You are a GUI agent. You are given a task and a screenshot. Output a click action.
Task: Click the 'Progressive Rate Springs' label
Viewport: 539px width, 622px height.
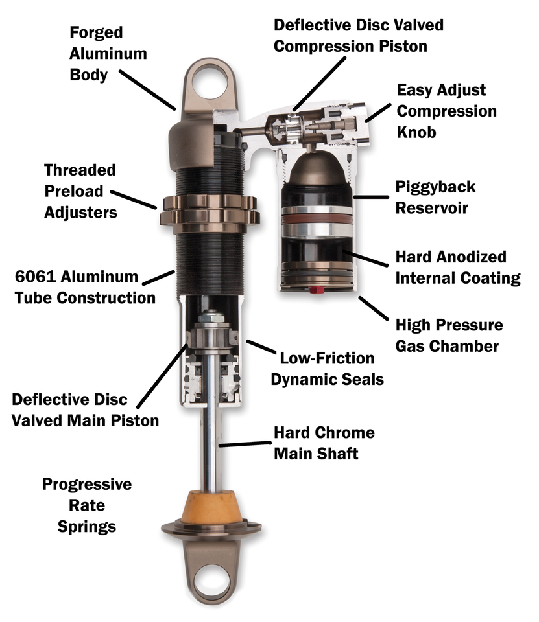point(87,505)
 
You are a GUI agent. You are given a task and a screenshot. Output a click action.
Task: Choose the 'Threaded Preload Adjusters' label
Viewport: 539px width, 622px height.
point(80,191)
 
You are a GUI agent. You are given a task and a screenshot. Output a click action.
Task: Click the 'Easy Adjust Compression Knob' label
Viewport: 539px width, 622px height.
point(446,110)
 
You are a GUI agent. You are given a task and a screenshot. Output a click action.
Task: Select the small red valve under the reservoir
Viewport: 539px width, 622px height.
point(318,290)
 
